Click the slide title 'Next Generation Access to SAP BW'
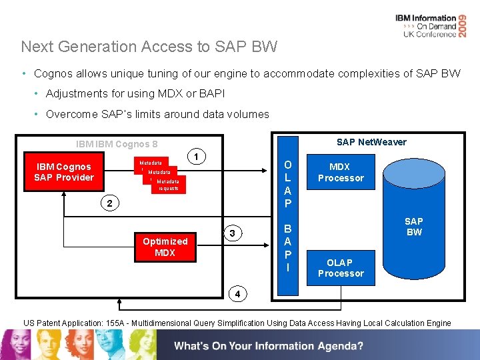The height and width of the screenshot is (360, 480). click(149, 47)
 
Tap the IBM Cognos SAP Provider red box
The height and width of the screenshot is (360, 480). click(64, 172)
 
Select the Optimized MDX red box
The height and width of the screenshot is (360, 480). click(165, 247)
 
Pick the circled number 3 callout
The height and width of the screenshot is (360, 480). click(231, 233)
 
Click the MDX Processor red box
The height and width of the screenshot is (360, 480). click(341, 172)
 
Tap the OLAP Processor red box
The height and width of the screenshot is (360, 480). click(341, 267)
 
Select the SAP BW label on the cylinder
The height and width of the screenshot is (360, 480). click(414, 227)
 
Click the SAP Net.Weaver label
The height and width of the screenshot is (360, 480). click(371, 142)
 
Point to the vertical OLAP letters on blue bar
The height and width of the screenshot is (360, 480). click(287, 183)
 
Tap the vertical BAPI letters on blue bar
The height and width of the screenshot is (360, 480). click(287, 247)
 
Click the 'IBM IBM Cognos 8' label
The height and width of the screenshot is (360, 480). click(117, 143)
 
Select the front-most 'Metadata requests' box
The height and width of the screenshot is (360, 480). click(168, 185)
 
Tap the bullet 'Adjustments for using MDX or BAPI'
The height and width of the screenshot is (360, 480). click(135, 94)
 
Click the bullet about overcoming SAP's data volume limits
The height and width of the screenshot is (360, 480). click(157, 114)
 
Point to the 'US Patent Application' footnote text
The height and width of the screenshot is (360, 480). click(237, 323)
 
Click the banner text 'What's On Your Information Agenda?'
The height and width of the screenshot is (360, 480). click(269, 346)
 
